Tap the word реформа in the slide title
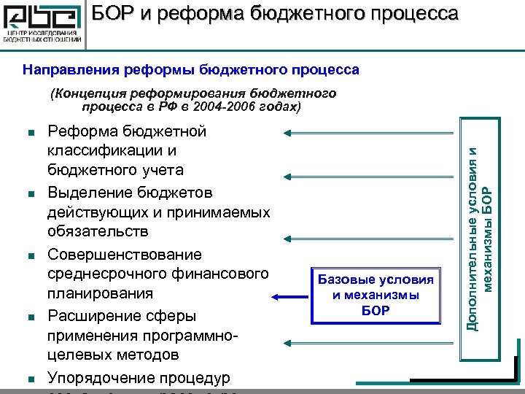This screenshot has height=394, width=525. pos(192,14)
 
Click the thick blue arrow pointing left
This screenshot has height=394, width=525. pos(292,296)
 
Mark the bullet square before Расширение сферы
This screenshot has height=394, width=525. pos(30,317)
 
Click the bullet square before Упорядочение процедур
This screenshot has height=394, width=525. pos(30,379)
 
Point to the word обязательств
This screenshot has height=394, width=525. pos(98,231)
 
